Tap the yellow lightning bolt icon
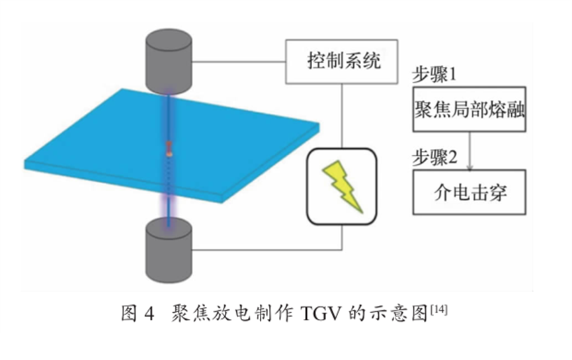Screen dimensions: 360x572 point(341,186)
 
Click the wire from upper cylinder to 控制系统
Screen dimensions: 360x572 point(238,62)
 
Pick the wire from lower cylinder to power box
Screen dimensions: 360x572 point(265,249)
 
